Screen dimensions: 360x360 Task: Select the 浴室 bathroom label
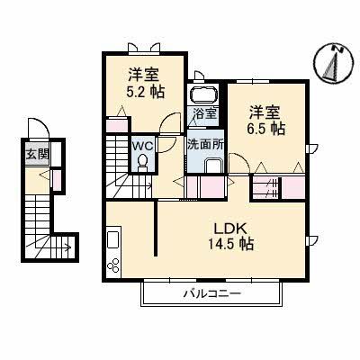[x=203, y=113]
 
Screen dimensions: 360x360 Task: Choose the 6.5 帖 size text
[x=266, y=130]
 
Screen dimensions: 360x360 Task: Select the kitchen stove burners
[x=114, y=266]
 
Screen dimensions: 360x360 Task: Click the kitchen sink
[x=113, y=242]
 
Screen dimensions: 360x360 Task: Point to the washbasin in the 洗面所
[x=212, y=165]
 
